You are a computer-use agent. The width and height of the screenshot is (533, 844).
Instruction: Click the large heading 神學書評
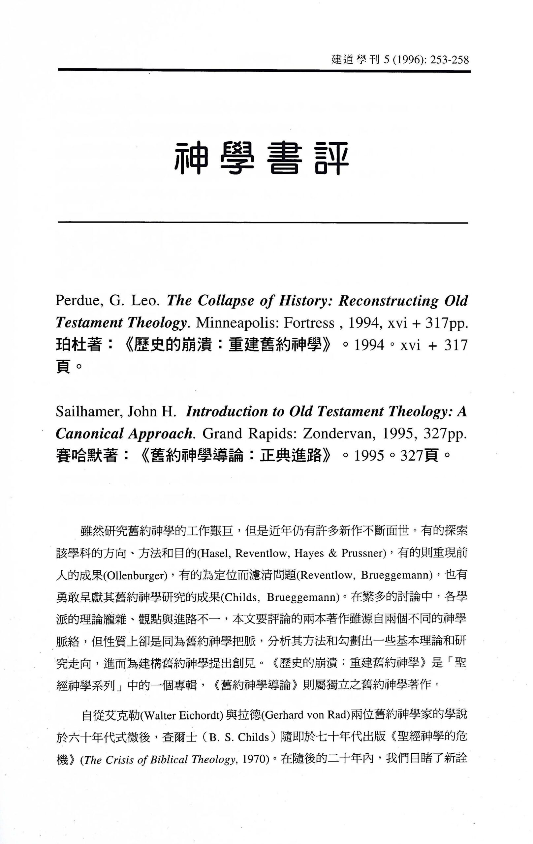tap(262, 159)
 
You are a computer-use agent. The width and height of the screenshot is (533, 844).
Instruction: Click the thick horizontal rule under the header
tap(264, 71)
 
